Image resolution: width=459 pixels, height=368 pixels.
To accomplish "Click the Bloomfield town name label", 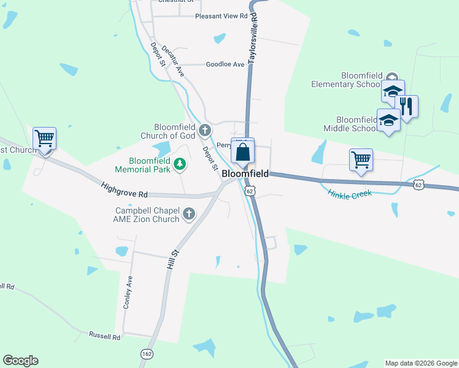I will pyautogui.click(x=245, y=174).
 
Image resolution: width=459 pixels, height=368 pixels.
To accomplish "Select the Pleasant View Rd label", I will pyautogui.click(x=221, y=16).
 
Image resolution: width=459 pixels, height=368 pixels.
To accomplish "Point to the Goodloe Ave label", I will pyautogui.click(x=225, y=64).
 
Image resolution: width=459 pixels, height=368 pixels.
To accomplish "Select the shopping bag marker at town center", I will pyautogui.click(x=243, y=151).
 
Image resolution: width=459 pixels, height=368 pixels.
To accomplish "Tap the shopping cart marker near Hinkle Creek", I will pyautogui.click(x=361, y=160).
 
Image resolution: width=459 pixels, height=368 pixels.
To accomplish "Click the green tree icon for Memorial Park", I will pyautogui.click(x=179, y=164).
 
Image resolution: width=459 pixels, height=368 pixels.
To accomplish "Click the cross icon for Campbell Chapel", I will pyautogui.click(x=189, y=214).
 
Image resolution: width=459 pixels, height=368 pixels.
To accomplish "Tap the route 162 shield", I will pyautogui.click(x=147, y=354).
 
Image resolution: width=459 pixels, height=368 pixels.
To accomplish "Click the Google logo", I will pyautogui.click(x=20, y=361).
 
